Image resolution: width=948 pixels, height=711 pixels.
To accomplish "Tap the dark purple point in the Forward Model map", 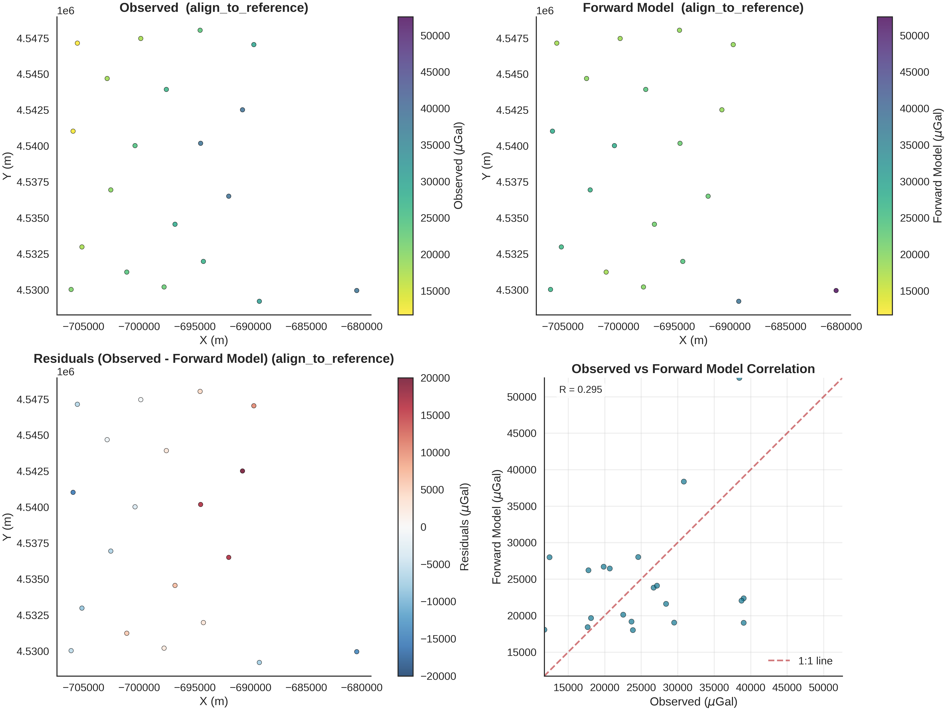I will pyautogui.click(x=836, y=291).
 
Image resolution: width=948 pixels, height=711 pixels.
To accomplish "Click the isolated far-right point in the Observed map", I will pyautogui.click(x=356, y=291).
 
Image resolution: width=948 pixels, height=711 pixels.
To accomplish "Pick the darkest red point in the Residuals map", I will pyautogui.click(x=243, y=471).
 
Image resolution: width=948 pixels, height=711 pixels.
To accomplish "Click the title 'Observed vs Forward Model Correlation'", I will pyautogui.click(x=693, y=369).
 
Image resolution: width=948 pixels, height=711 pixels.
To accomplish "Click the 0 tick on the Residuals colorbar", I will pyautogui.click(x=423, y=527).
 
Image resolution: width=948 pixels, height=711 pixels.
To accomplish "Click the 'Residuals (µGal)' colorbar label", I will pyautogui.click(x=465, y=527).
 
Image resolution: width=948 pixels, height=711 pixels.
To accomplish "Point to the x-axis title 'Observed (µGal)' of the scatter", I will pyautogui.click(x=693, y=702).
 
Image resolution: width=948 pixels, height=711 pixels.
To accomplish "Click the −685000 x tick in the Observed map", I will pyautogui.click(x=306, y=327).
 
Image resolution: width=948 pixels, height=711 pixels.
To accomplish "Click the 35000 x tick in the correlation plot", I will pyautogui.click(x=714, y=687).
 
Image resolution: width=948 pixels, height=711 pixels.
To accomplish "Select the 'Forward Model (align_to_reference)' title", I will pyautogui.click(x=693, y=8).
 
